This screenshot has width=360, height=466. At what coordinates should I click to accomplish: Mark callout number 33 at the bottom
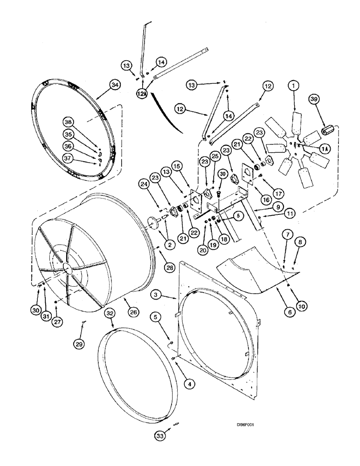[160, 435]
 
